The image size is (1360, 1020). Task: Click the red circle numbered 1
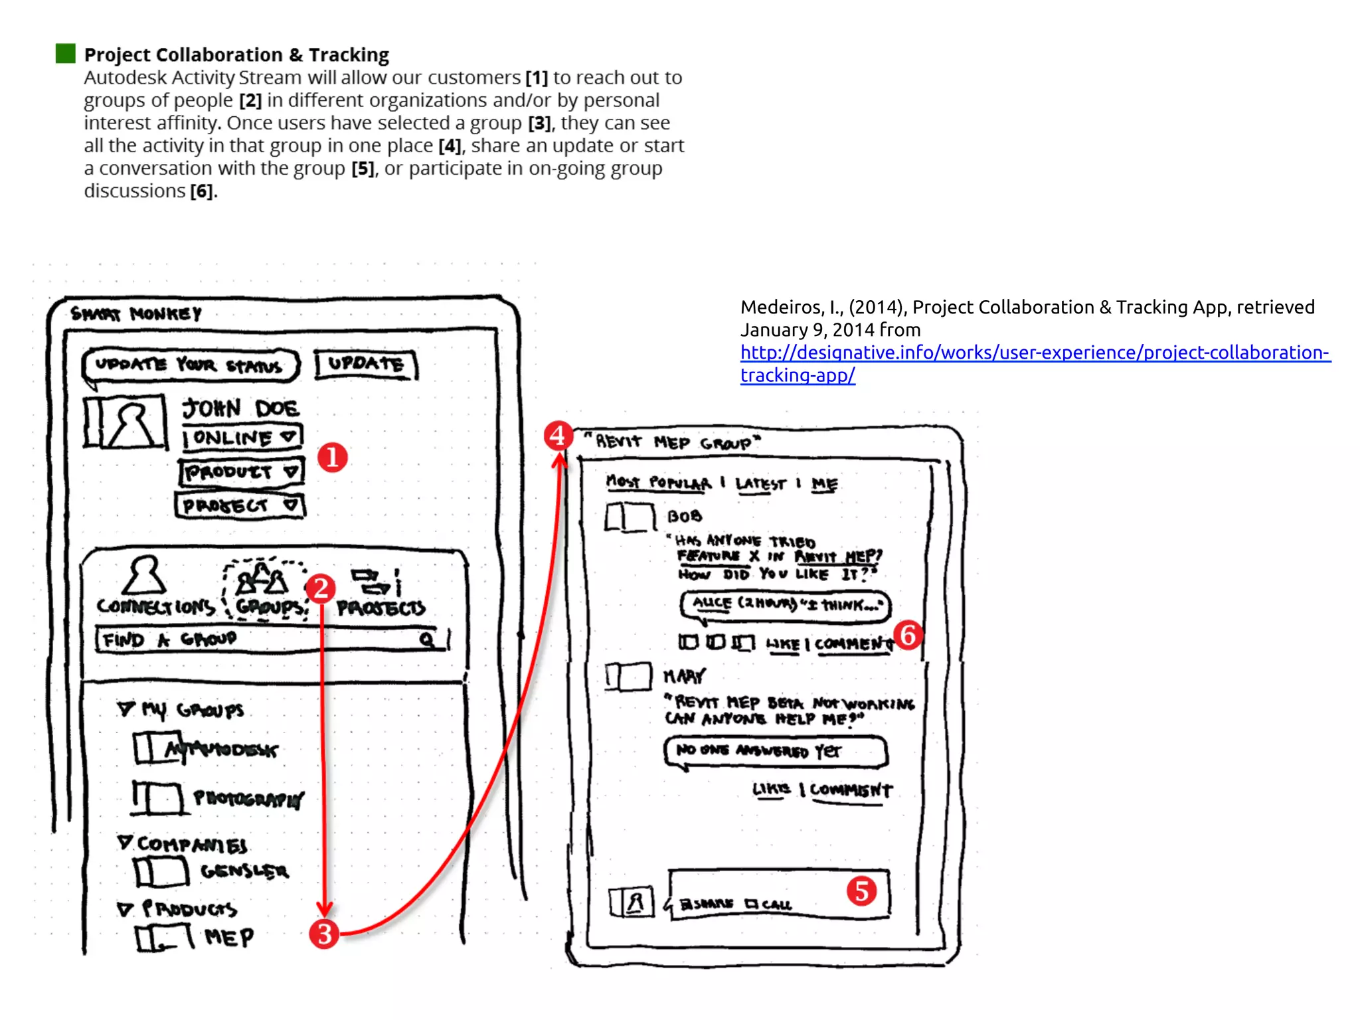pos(332,458)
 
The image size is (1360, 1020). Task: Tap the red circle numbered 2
pos(321,588)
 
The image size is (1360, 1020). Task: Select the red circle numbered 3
pos(324,934)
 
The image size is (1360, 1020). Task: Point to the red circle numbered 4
pos(558,436)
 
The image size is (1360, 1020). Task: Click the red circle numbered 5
pos(861,891)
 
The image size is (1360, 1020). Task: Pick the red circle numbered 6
pos(908,636)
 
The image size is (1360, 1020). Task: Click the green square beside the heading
pos(66,54)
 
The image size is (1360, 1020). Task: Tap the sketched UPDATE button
pos(365,365)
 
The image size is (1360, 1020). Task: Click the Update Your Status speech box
pos(190,366)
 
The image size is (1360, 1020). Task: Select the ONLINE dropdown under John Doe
pos(242,438)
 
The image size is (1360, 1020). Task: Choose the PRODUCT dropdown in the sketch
pos(240,472)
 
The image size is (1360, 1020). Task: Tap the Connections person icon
pos(144,575)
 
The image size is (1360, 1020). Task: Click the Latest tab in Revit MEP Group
pos(760,484)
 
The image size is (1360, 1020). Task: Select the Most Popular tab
pos(658,483)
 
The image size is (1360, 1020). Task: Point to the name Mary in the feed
pos(684,676)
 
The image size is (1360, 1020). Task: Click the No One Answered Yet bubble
pos(775,751)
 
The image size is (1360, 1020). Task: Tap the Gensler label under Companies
pos(244,871)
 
